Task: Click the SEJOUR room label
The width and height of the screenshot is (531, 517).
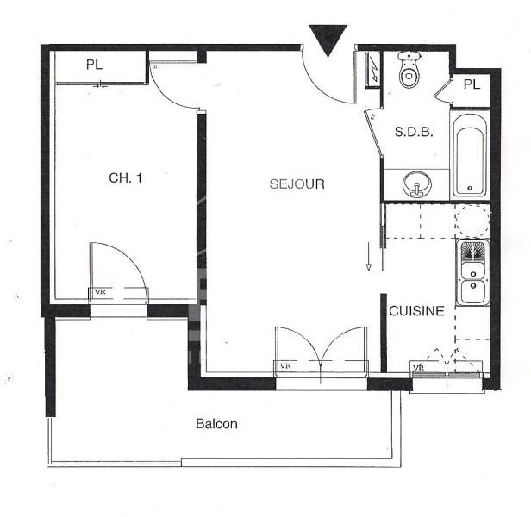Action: pos(297,184)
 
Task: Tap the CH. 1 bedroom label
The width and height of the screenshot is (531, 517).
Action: pos(126,178)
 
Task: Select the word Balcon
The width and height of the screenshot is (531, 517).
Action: pos(216,424)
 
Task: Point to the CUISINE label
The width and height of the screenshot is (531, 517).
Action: pos(416,311)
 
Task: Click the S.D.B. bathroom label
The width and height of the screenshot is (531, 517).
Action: pos(414,132)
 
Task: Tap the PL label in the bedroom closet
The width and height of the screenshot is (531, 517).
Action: pos(94,65)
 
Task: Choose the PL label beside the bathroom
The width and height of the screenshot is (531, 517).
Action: pos(472,84)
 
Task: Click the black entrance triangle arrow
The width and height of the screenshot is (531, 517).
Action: pos(328,40)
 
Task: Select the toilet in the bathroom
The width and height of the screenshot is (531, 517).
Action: pos(409,70)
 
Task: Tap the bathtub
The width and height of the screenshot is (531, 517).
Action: pos(470,156)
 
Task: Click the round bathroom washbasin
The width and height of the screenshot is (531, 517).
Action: pos(416,184)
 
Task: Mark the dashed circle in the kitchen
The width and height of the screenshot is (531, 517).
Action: pos(472,221)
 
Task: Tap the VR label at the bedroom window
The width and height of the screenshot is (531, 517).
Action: pos(100,292)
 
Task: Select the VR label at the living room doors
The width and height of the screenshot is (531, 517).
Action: pos(285,365)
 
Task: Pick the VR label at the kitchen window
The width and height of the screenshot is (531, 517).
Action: pos(419,367)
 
